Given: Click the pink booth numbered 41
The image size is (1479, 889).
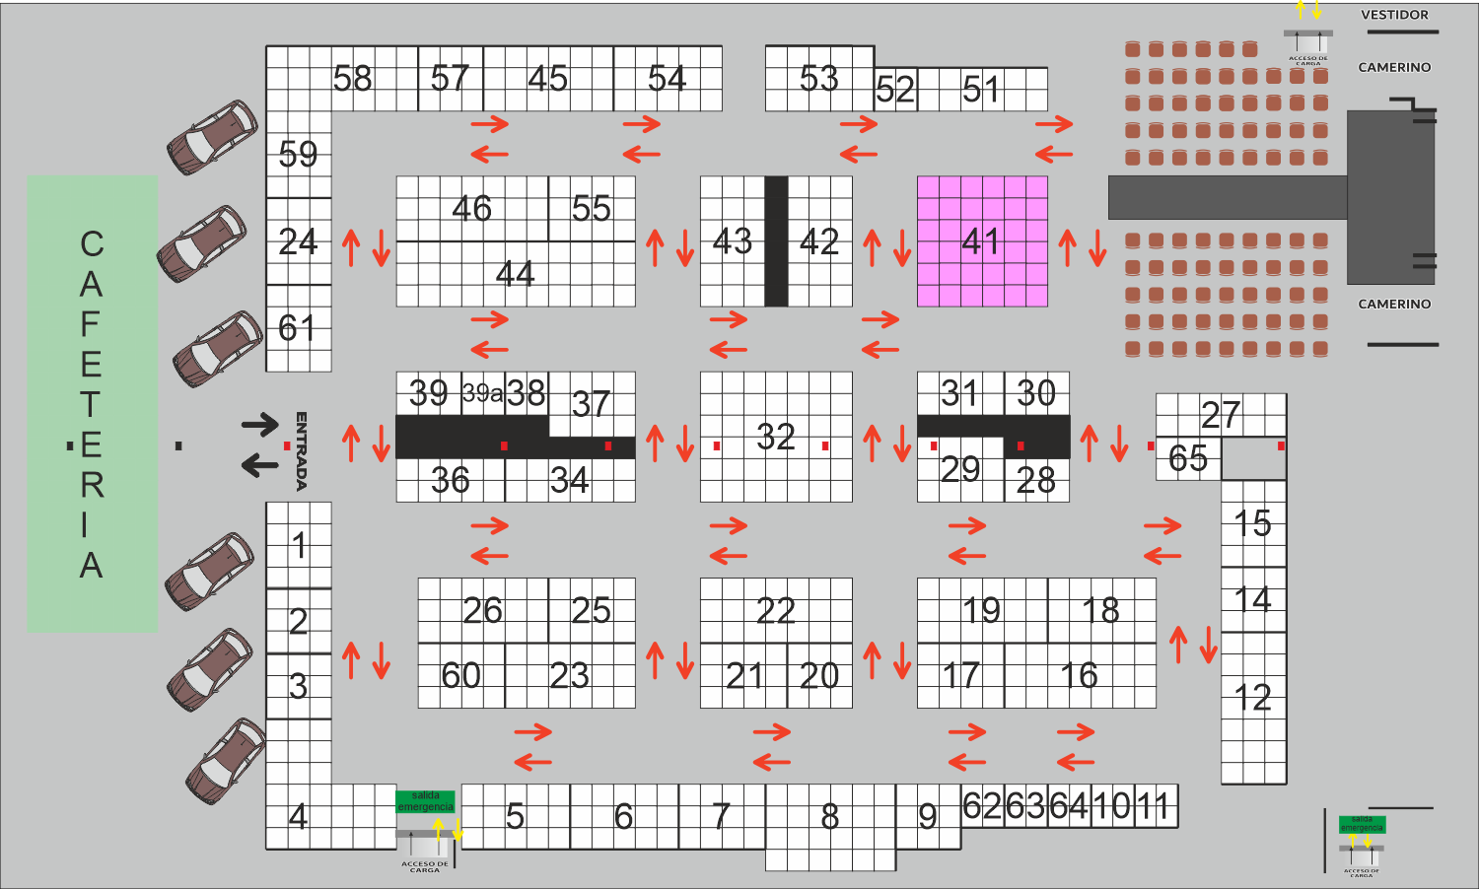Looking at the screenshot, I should [982, 241].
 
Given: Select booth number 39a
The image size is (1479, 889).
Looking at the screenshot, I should [482, 393].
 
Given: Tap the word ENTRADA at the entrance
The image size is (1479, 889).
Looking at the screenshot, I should [302, 450].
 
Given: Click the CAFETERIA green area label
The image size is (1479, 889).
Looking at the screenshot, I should [92, 404].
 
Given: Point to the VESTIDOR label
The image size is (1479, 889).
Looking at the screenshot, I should [1394, 15].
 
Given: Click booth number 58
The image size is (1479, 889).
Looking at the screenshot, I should [352, 79].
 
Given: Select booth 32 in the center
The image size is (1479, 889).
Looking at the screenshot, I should [776, 437].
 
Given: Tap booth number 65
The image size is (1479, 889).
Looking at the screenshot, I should [1187, 458].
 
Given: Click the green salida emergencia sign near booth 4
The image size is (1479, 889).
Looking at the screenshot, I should [425, 801].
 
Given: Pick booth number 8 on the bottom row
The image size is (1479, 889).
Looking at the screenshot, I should [830, 817].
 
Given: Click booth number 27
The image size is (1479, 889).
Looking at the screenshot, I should [1221, 415].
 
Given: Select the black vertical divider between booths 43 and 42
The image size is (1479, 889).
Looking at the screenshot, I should [776, 241].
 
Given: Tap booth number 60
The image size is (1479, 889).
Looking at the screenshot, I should [460, 676].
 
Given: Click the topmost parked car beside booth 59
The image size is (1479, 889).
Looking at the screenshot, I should [212, 137].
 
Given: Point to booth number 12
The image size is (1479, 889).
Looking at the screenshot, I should [1253, 699].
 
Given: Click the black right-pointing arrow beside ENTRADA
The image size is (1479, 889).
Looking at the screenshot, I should [260, 425].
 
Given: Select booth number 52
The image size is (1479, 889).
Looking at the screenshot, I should [895, 91].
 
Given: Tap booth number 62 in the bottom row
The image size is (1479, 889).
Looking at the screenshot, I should [982, 806].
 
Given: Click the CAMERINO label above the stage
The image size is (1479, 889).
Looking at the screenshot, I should [1394, 67].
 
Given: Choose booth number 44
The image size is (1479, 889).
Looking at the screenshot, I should [515, 274].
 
